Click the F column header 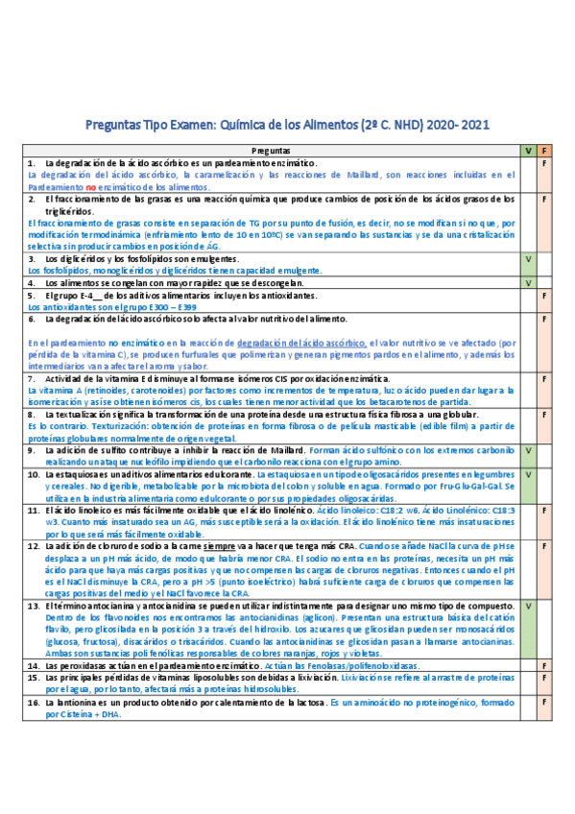544,151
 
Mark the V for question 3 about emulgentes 527,259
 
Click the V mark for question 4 527,283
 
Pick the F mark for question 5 544,296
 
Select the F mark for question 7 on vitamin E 544,379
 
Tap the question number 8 32,415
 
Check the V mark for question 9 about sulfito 527,450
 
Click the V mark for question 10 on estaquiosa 527,474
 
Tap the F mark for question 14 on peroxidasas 544,665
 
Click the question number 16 33,702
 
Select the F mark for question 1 544,164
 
